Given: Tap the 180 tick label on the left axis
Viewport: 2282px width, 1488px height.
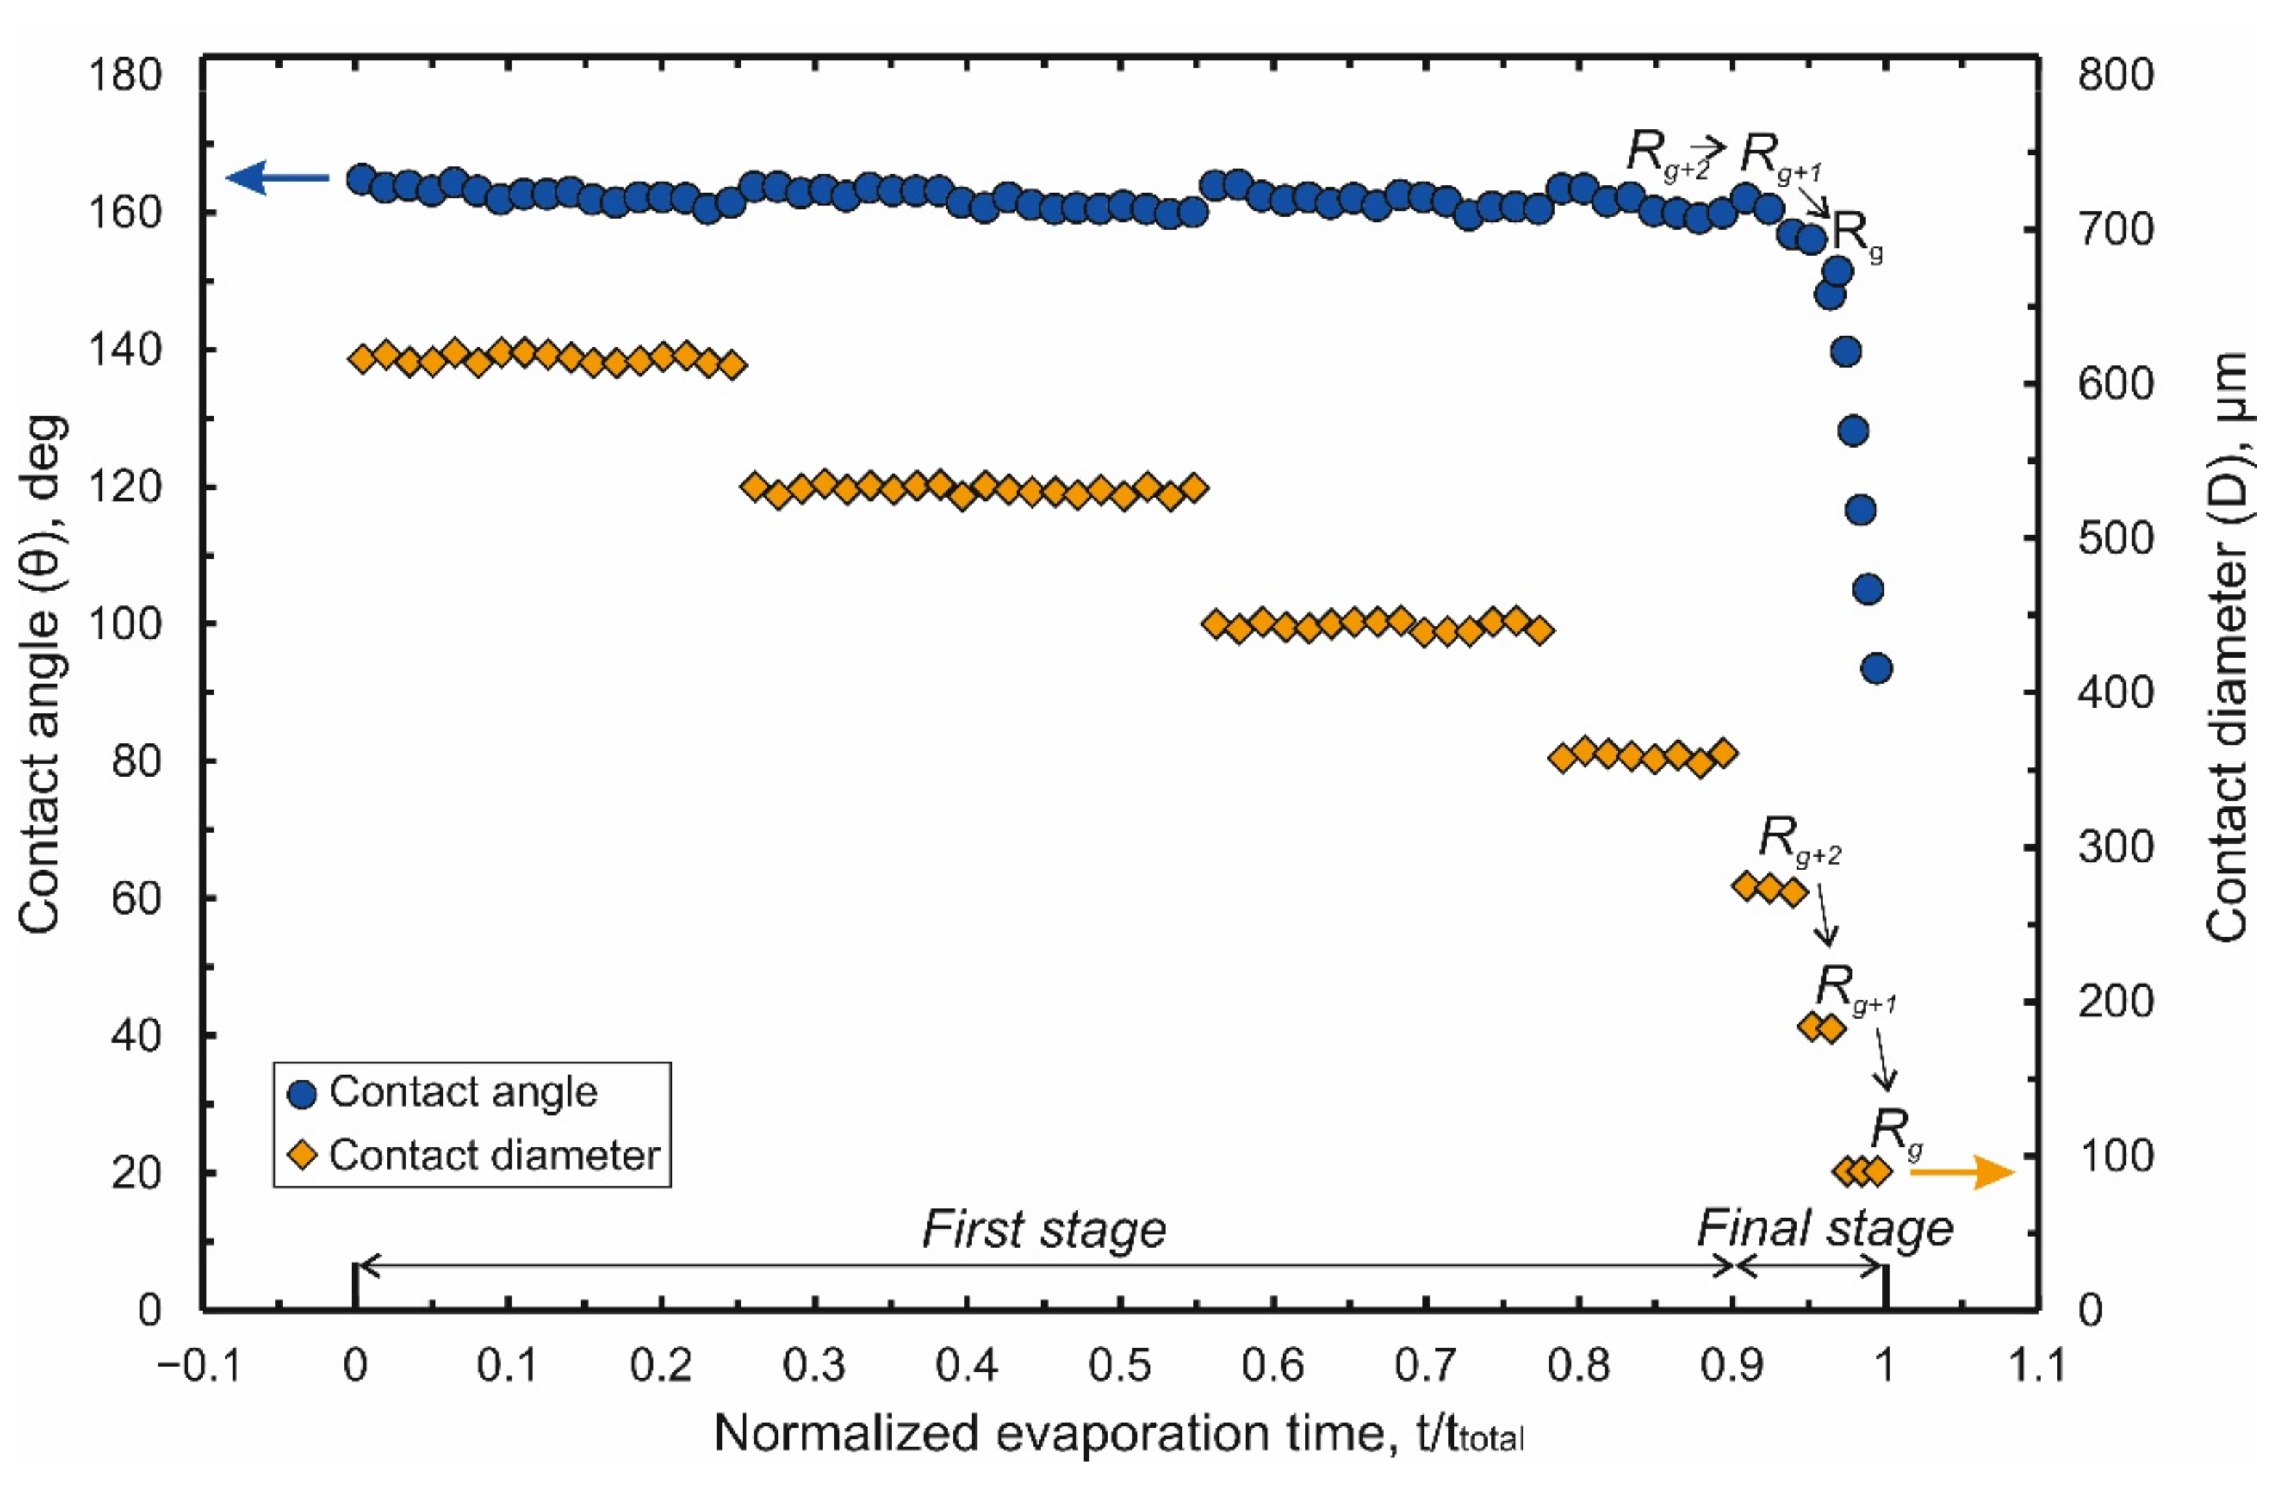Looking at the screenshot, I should pyautogui.click(x=125, y=75).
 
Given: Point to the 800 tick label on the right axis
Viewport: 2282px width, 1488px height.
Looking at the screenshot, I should pyautogui.click(x=2115, y=75).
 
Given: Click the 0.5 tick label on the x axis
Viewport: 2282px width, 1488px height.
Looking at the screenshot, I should pyautogui.click(x=1119, y=1363).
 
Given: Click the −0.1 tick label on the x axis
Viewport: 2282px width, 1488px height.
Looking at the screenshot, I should pyautogui.click(x=199, y=1363).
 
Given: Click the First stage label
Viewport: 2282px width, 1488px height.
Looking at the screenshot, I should pyautogui.click(x=1043, y=1229).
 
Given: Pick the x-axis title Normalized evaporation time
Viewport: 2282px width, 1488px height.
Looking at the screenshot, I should pyautogui.click(x=1118, y=1434).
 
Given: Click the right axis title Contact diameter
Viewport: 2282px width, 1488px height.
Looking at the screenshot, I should pyautogui.click(x=2226, y=647).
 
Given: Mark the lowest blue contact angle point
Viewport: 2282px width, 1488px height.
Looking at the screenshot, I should pyautogui.click(x=1876, y=668).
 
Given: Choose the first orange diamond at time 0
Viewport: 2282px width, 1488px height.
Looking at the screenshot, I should pyautogui.click(x=363, y=359).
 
